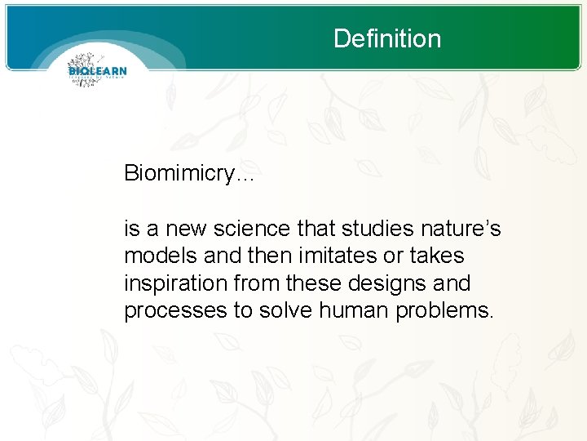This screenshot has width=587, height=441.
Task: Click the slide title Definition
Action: (387, 38)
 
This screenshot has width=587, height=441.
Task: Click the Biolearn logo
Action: (97, 70)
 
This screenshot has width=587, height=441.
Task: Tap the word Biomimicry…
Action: (189, 173)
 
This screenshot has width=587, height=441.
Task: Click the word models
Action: (156, 256)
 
